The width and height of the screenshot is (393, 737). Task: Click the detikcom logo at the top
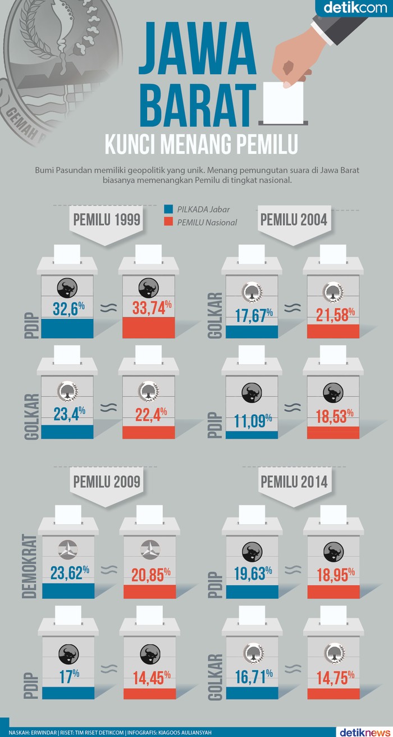tap(355, 8)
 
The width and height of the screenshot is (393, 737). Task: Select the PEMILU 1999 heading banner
tap(106, 219)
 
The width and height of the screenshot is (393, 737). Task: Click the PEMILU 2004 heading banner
tap(294, 219)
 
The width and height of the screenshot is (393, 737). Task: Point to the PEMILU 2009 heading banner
tap(106, 481)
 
